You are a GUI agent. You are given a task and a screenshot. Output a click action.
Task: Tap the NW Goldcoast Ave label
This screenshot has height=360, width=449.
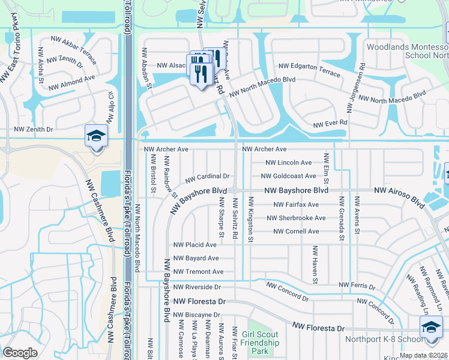point(288,176)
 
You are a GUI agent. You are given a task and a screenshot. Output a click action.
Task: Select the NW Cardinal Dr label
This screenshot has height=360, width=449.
point(207,177)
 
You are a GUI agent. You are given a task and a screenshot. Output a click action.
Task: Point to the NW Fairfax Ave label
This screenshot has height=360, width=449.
point(295,205)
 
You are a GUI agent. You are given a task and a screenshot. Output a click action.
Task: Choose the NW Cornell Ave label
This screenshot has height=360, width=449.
point(295,232)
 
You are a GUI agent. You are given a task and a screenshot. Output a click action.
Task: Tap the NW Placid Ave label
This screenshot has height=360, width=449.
point(194,245)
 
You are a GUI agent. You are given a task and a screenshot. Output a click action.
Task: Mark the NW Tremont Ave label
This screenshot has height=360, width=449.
point(198,272)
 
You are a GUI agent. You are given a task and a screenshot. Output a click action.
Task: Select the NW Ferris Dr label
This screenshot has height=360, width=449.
point(357,285)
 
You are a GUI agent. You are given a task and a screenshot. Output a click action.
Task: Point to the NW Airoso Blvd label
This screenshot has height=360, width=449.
point(399,190)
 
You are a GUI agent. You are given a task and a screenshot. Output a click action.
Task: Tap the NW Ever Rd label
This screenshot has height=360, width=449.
point(331,124)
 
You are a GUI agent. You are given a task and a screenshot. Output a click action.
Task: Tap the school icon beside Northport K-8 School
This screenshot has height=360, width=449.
point(430,327)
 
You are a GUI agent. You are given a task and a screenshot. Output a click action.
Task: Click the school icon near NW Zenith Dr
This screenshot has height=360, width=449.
point(95,135)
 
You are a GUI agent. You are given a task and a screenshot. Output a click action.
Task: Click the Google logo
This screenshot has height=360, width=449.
point(20,353)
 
